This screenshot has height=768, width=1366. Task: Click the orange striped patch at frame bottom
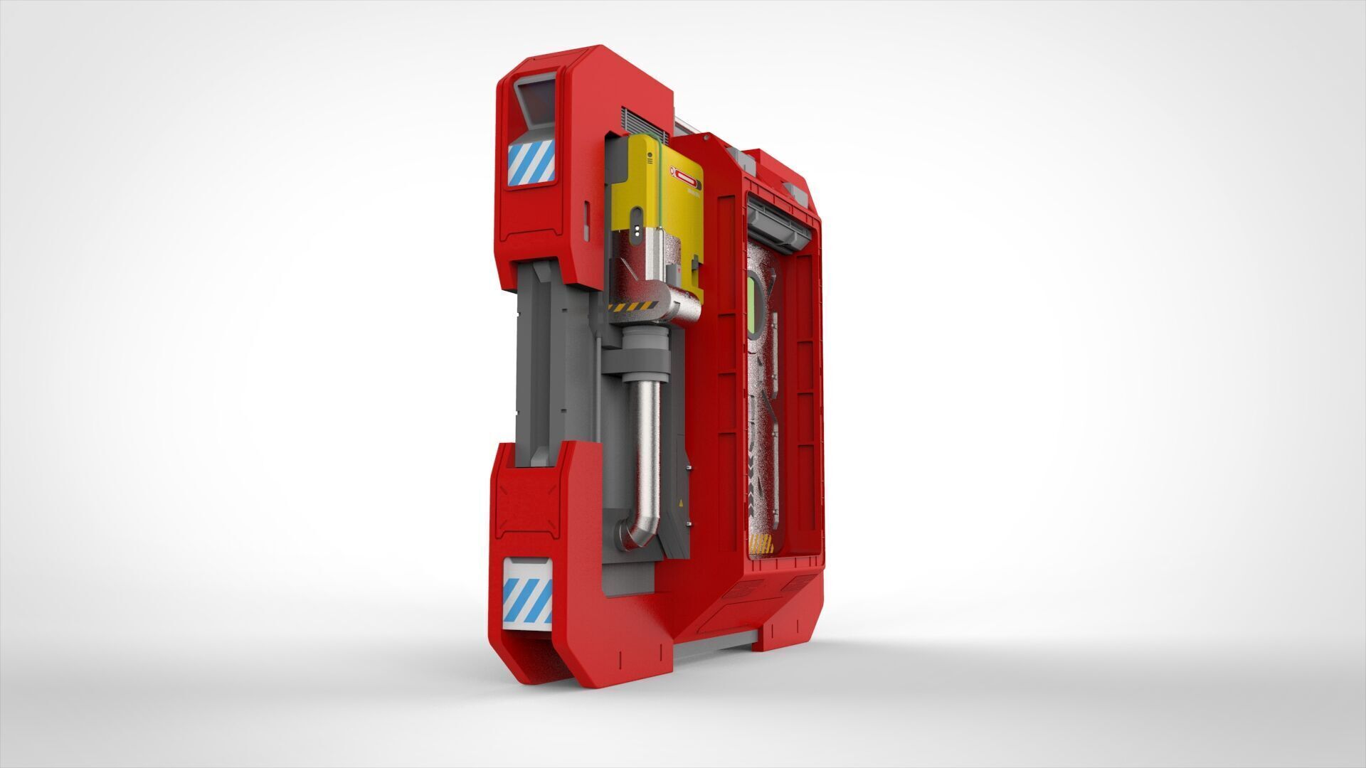point(761,545)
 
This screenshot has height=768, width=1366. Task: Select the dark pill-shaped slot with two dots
point(637,232)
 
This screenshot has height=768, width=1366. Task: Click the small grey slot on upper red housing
point(586,220)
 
